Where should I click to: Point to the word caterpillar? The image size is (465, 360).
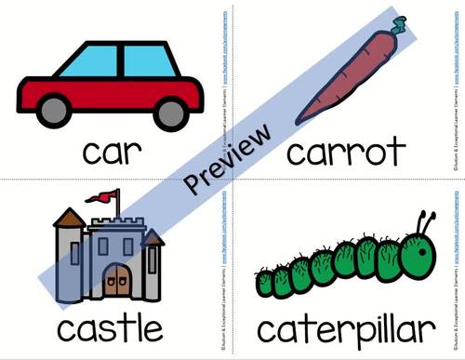[346, 328]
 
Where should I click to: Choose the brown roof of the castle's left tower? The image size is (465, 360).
[67, 219]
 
